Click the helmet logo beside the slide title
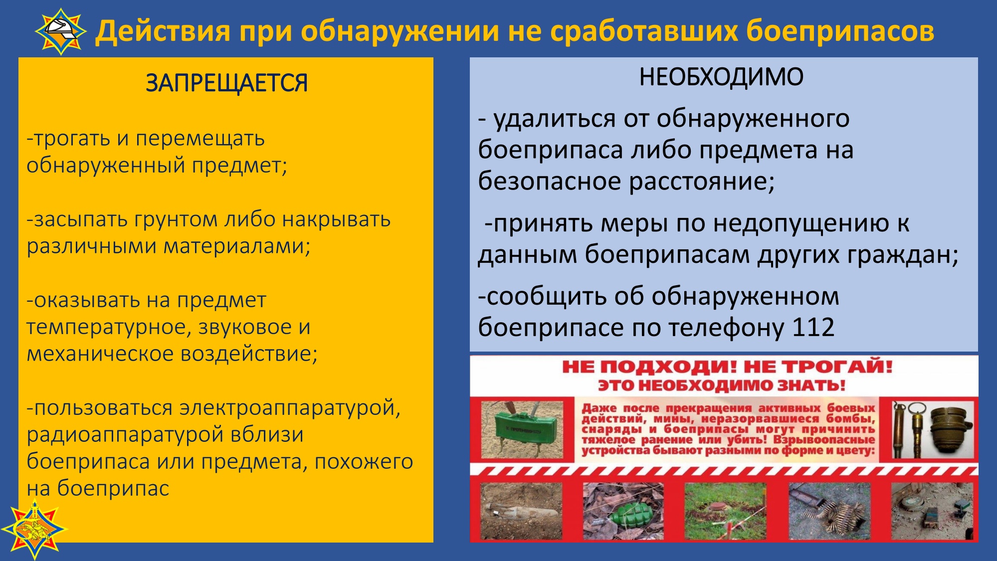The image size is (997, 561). tap(61, 31)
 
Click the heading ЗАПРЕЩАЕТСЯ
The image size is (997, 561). tap(226, 83)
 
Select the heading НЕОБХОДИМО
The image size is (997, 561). tap(721, 77)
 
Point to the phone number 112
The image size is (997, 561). tap(813, 328)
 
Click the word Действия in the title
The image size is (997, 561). tap(163, 31)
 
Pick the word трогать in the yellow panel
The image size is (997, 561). tap(72, 139)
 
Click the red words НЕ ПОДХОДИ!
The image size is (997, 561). tap(649, 367)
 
